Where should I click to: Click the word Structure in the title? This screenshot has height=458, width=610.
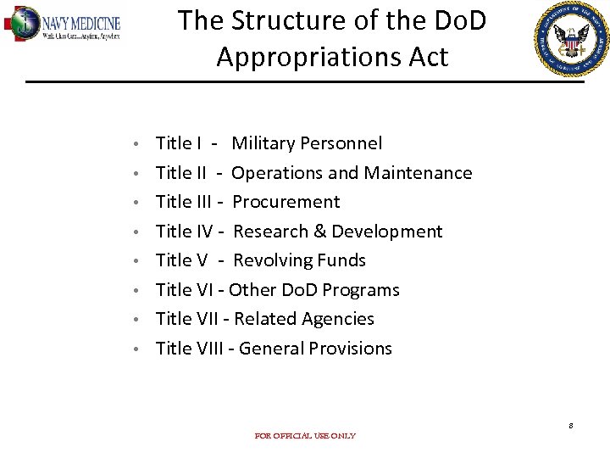point(302,20)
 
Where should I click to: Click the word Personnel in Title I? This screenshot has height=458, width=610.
point(341,143)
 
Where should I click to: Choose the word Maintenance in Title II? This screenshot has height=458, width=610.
point(418,173)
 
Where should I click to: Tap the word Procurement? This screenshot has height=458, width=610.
point(286,202)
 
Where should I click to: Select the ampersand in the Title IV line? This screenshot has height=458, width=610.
point(319,232)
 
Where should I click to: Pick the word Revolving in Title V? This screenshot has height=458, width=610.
point(270,260)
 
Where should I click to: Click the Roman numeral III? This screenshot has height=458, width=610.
point(203,202)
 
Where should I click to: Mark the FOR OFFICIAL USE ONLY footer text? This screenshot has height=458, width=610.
point(305,436)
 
